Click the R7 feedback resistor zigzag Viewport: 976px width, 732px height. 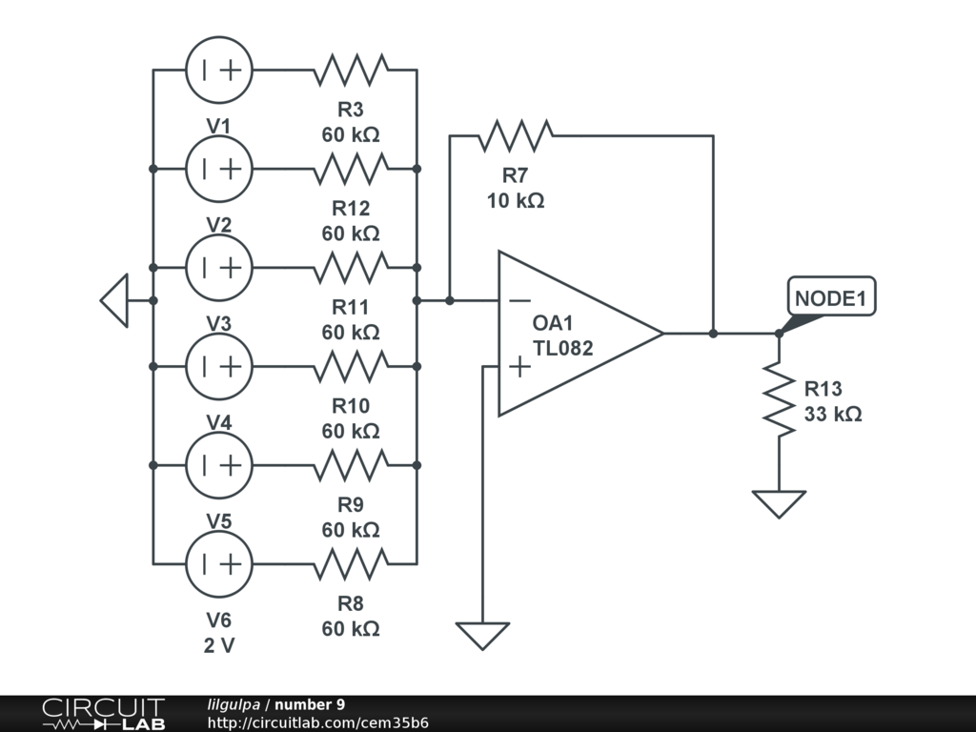(x=515, y=135)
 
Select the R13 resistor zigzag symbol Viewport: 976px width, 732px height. (x=779, y=400)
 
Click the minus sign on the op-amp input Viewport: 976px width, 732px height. (x=519, y=300)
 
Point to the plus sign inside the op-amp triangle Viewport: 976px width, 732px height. (x=519, y=367)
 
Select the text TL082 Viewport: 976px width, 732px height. (x=562, y=349)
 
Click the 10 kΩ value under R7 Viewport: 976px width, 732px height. (x=515, y=200)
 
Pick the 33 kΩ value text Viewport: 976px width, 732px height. (x=833, y=415)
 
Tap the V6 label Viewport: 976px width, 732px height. (x=219, y=620)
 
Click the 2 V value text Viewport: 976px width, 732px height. (x=219, y=645)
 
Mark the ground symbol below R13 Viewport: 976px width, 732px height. (x=779, y=503)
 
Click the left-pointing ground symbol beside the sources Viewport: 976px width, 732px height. (x=114, y=300)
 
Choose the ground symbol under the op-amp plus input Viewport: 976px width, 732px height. (x=483, y=635)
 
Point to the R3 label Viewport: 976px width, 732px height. (x=351, y=110)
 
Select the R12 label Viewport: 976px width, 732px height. (x=351, y=209)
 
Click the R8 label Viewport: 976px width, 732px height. (x=351, y=604)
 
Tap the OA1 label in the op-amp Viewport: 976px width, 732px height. (x=554, y=324)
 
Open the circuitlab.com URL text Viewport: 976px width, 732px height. (x=317, y=722)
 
